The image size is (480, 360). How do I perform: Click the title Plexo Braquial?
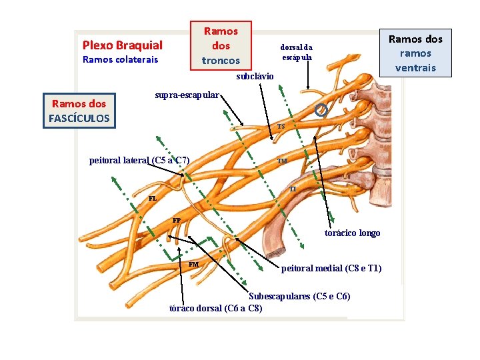pos(122,45)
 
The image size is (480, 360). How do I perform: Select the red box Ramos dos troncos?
pos(221,45)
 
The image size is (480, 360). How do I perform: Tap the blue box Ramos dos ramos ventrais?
pos(415,53)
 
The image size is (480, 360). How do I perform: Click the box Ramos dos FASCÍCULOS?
pos(79,111)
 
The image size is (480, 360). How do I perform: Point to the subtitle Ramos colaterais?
pos(120,60)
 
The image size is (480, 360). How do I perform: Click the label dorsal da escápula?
pos(296,52)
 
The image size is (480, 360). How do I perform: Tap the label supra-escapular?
pos(186,95)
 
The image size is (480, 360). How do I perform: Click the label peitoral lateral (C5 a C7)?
pos(139,160)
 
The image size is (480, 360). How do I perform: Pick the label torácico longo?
pos(352,233)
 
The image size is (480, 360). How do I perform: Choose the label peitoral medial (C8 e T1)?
pos(331,268)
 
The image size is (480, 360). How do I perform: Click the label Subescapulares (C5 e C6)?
pos(299,296)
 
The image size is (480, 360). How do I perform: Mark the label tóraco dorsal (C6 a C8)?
pos(216,307)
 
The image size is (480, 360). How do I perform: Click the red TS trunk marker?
pos(281,127)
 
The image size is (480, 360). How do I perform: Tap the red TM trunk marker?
pos(283,161)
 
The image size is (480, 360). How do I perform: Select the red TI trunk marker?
pos(293,189)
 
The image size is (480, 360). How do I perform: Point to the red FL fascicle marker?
pos(153,198)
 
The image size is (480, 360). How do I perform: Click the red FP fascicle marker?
pos(176,219)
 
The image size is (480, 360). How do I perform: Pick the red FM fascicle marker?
pos(193,264)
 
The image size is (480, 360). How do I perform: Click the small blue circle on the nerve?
pos(321,110)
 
